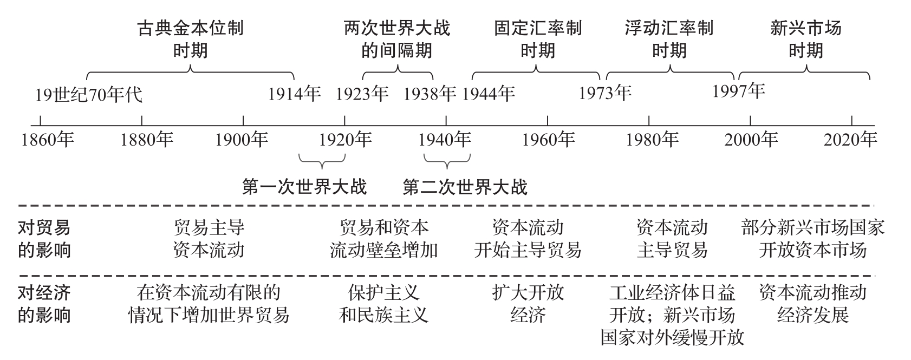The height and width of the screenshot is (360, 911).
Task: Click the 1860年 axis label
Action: click(47, 140)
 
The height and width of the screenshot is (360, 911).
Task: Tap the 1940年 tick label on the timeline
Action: click(445, 140)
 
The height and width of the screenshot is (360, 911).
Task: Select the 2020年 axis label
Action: click(850, 140)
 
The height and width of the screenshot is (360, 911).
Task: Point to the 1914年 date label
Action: click(294, 94)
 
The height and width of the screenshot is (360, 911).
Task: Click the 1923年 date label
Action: click(362, 94)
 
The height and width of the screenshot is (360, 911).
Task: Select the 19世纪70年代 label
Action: click(88, 95)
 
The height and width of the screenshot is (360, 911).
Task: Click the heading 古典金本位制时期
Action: click(190, 39)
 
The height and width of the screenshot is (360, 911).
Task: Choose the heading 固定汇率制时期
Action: click(537, 39)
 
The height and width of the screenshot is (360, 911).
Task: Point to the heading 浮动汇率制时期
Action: click(669, 39)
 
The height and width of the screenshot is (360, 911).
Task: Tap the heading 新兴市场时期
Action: click(805, 39)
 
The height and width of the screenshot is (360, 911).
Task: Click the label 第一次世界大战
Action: click(304, 187)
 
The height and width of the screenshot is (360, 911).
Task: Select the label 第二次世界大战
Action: click(465, 187)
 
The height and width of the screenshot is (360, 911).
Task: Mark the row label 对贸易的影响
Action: click(44, 239)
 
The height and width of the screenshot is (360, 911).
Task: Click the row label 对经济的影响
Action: click(44, 304)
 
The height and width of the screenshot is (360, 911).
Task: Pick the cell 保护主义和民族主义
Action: click(383, 304)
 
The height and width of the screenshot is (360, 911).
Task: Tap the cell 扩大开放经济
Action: click(528, 304)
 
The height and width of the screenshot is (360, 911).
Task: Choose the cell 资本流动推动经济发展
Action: click(812, 304)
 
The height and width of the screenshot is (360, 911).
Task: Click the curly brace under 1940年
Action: click(447, 160)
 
